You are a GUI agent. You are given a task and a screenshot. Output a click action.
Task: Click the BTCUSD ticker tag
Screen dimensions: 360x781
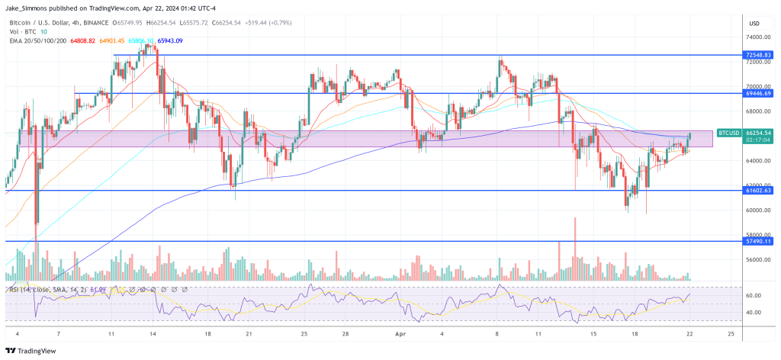click(728, 133)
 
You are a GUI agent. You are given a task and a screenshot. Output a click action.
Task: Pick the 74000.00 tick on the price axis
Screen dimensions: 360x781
click(757, 37)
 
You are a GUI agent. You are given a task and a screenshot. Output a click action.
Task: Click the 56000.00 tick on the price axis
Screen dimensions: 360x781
click(757, 259)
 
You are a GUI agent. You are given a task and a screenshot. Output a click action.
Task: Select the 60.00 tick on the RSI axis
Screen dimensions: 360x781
click(754, 295)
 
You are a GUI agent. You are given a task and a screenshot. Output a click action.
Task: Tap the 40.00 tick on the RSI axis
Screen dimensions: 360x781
click(754, 312)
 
